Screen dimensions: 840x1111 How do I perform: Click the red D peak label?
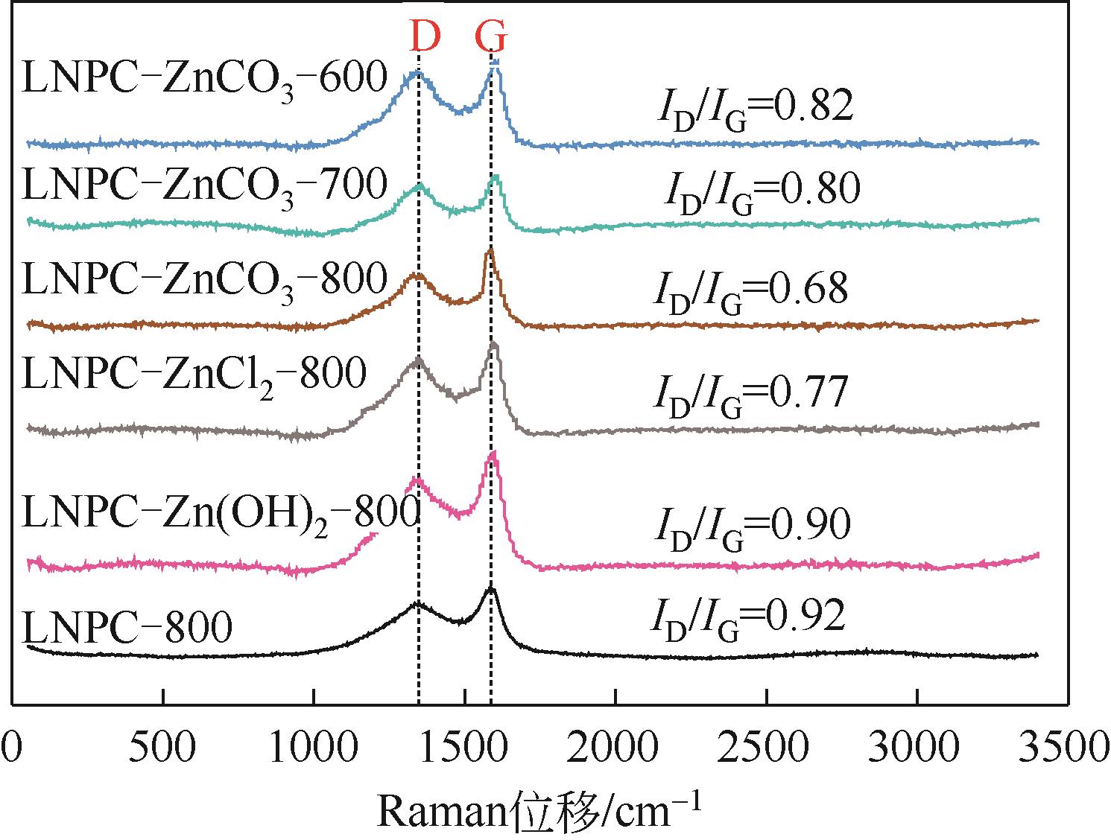425,35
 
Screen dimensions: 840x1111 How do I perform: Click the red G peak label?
492,35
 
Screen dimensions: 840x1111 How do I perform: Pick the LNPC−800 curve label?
127,628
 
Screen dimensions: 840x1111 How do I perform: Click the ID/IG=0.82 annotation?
753,109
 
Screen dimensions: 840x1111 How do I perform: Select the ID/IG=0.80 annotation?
762,190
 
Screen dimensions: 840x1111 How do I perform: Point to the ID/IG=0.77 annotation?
750,394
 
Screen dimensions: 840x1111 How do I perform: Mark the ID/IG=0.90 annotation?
752,527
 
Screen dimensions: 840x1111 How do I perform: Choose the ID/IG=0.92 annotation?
750,617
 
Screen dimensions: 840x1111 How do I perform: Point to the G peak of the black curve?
490,589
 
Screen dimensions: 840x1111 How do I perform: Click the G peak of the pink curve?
491,456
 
